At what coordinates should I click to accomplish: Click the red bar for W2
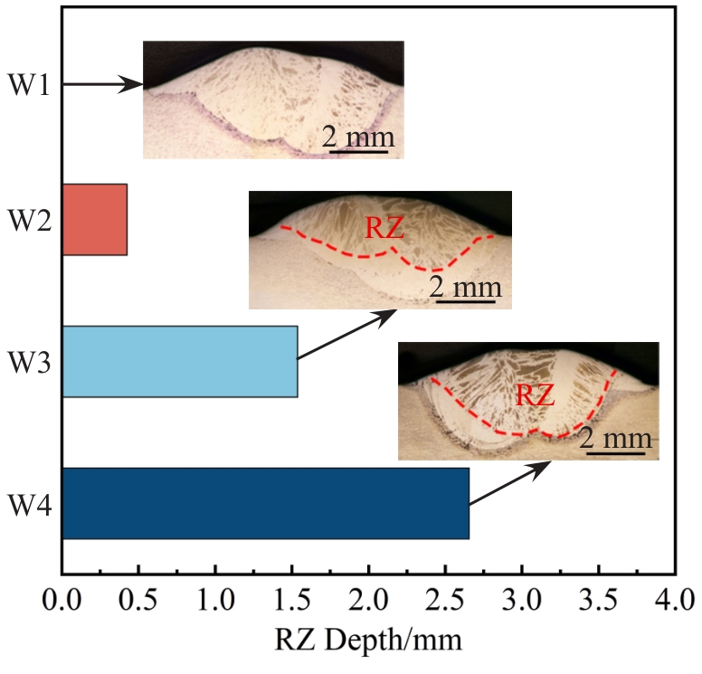[95, 220]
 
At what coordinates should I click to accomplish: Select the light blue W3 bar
[180, 361]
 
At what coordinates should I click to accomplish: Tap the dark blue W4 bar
[266, 503]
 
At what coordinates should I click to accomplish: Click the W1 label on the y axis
[30, 86]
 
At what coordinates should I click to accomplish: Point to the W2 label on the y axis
[30, 220]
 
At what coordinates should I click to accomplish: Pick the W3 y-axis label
[30, 362]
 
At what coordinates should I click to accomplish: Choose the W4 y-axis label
[30, 504]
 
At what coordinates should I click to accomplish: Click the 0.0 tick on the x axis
[62, 598]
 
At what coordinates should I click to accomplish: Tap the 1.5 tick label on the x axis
[292, 598]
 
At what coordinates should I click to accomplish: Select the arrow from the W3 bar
[347, 336]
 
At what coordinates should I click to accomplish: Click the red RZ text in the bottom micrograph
[536, 394]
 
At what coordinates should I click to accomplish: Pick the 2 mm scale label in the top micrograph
[359, 138]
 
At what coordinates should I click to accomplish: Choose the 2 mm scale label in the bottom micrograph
[616, 440]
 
